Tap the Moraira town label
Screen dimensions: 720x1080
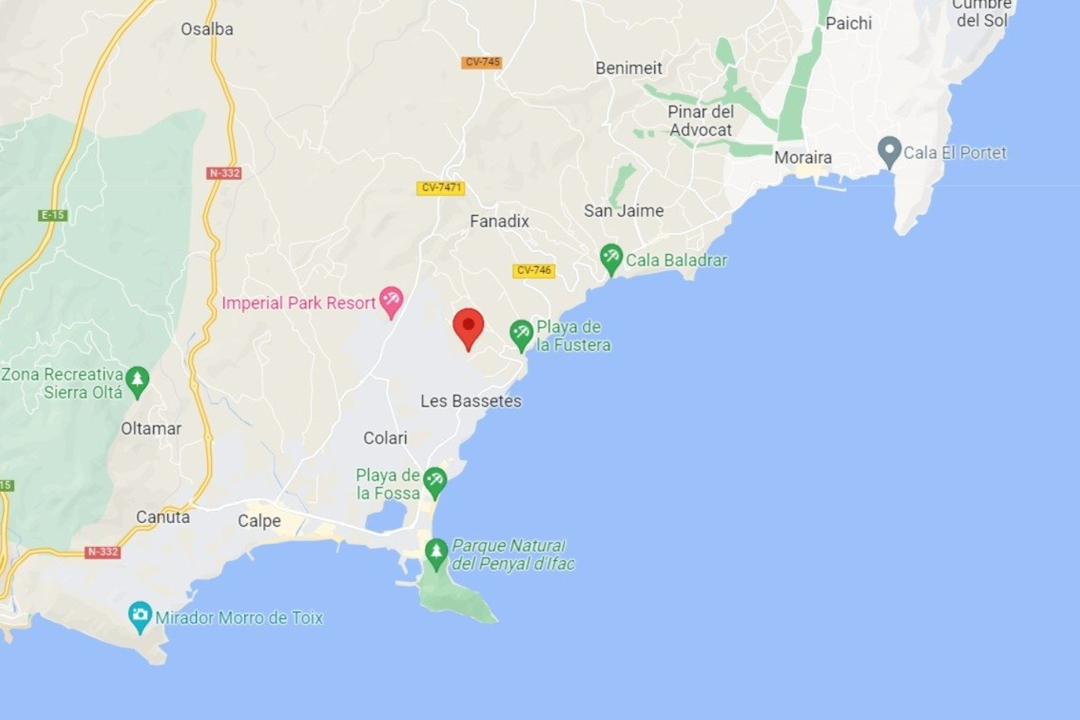point(803,157)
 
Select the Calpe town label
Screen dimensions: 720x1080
point(259,521)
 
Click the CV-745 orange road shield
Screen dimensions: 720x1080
point(481,62)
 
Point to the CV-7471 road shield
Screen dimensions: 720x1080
point(441,188)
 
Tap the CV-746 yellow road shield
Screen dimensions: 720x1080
point(533,271)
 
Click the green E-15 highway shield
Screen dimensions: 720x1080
point(53,215)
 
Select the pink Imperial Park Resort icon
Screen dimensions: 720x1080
point(391,300)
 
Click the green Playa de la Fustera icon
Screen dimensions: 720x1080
point(521,334)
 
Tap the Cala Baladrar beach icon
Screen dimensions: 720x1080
point(611,258)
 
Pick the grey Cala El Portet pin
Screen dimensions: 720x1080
point(889,151)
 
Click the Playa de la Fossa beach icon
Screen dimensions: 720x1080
point(435,481)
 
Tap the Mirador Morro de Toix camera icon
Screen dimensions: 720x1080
point(139,615)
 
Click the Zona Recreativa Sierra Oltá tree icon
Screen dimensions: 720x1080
point(137,381)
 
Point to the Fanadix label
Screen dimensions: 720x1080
point(499,222)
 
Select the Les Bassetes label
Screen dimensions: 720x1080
point(471,401)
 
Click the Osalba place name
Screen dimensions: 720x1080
point(207,29)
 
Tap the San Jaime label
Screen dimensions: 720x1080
point(623,211)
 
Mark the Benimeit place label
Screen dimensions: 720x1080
point(628,68)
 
